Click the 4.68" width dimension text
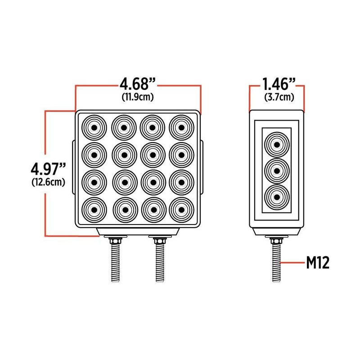[x=137, y=84]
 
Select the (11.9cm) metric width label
[x=138, y=96]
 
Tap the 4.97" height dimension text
[x=49, y=170]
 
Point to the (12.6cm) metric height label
[x=49, y=182]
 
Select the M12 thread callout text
[x=318, y=262]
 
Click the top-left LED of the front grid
[x=94, y=128]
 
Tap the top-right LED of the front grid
[x=182, y=128]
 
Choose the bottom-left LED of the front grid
[x=94, y=210]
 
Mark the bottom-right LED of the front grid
[x=182, y=210]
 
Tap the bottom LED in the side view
[x=276, y=196]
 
